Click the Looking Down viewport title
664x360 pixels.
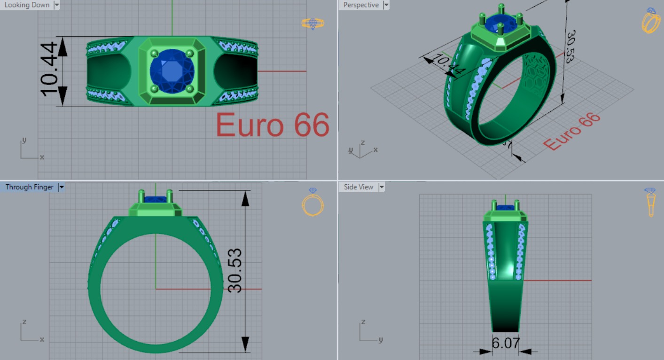27,5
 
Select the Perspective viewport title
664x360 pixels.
360,5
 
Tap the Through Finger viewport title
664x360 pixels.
29,187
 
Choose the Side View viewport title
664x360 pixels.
358,187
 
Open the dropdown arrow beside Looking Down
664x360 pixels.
57,5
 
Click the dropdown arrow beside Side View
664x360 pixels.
382,187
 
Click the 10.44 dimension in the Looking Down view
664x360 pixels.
49,69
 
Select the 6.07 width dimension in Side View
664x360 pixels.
505,343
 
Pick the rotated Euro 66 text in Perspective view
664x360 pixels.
572,132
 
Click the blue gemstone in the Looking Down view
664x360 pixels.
172,71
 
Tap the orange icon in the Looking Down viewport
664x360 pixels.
312,23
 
